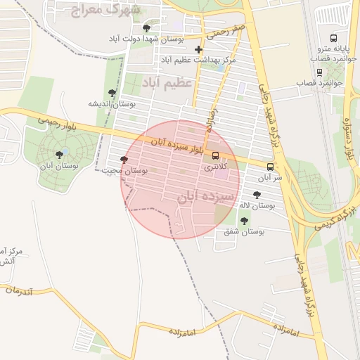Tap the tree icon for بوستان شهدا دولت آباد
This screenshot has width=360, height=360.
pyautogui.click(x=146, y=28)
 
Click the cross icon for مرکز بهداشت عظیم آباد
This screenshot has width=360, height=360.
pyautogui.click(x=198, y=49)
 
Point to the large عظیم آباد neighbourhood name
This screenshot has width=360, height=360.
pyautogui.click(x=167, y=83)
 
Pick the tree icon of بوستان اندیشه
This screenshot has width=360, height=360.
pyautogui.click(x=112, y=93)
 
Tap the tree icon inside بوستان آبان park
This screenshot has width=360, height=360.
pyautogui.click(x=59, y=154)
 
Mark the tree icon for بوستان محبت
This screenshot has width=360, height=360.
pyautogui.click(x=124, y=160)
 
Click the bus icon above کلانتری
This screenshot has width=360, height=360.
pyautogui.click(x=215, y=155)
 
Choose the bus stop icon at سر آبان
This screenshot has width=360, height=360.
pyautogui.click(x=270, y=167)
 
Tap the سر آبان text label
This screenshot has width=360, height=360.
pyautogui.click(x=269, y=178)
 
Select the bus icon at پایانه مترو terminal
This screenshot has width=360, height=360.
pyautogui.click(x=333, y=39)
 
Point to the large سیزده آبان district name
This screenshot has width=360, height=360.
pyautogui.click(x=203, y=197)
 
